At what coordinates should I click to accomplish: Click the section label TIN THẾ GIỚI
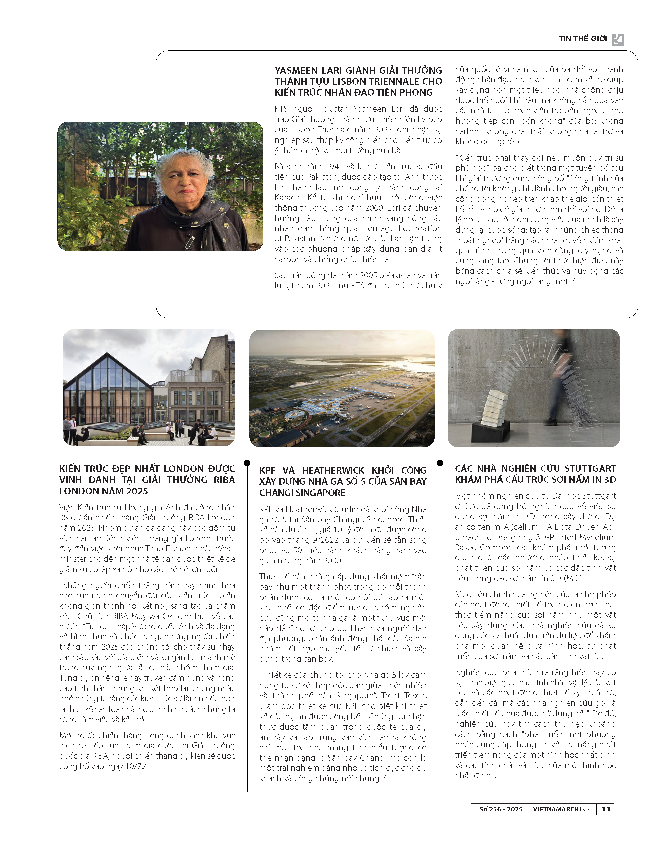(x=582, y=39)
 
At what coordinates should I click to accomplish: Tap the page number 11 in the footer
(x=606, y=809)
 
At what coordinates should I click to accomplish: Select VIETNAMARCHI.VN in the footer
(x=561, y=809)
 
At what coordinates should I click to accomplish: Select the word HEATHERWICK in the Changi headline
(x=333, y=471)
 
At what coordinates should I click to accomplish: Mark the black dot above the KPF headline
(x=247, y=463)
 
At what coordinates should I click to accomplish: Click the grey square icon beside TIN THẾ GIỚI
(x=618, y=39)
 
